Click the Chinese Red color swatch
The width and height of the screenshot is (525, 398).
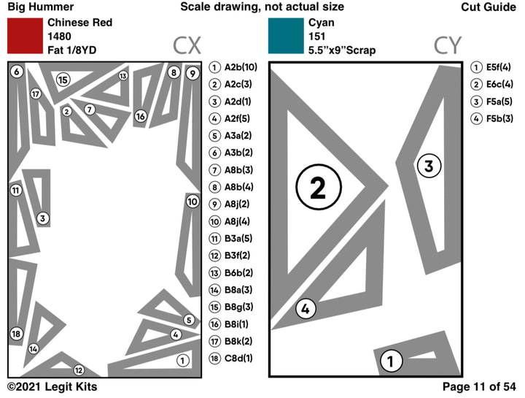click(25, 36)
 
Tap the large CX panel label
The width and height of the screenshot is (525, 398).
click(187, 46)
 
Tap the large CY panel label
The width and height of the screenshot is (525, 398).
click(447, 46)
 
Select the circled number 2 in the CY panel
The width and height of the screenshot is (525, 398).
click(318, 188)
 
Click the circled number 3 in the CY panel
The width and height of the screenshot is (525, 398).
click(429, 166)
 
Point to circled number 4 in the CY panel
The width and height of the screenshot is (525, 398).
click(306, 310)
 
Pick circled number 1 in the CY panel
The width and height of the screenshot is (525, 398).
click(391, 360)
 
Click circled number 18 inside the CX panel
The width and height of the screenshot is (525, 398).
click(17, 334)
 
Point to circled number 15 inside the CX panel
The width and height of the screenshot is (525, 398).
click(63, 80)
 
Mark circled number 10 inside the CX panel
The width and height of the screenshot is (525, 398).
click(192, 202)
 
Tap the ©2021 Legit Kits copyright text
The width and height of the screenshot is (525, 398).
click(52, 386)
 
